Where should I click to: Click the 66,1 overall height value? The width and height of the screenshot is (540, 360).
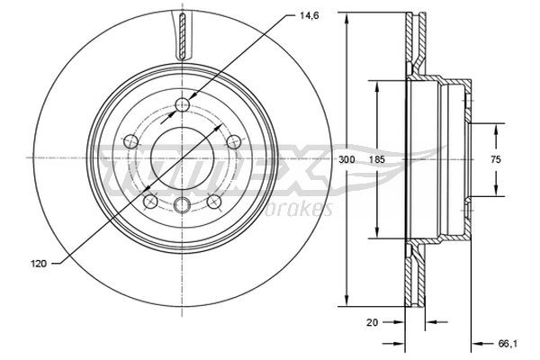508,343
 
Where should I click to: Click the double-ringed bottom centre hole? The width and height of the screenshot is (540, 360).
182,204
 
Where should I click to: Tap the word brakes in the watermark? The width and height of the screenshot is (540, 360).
304,210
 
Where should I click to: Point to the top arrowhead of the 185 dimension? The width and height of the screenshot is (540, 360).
376,85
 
